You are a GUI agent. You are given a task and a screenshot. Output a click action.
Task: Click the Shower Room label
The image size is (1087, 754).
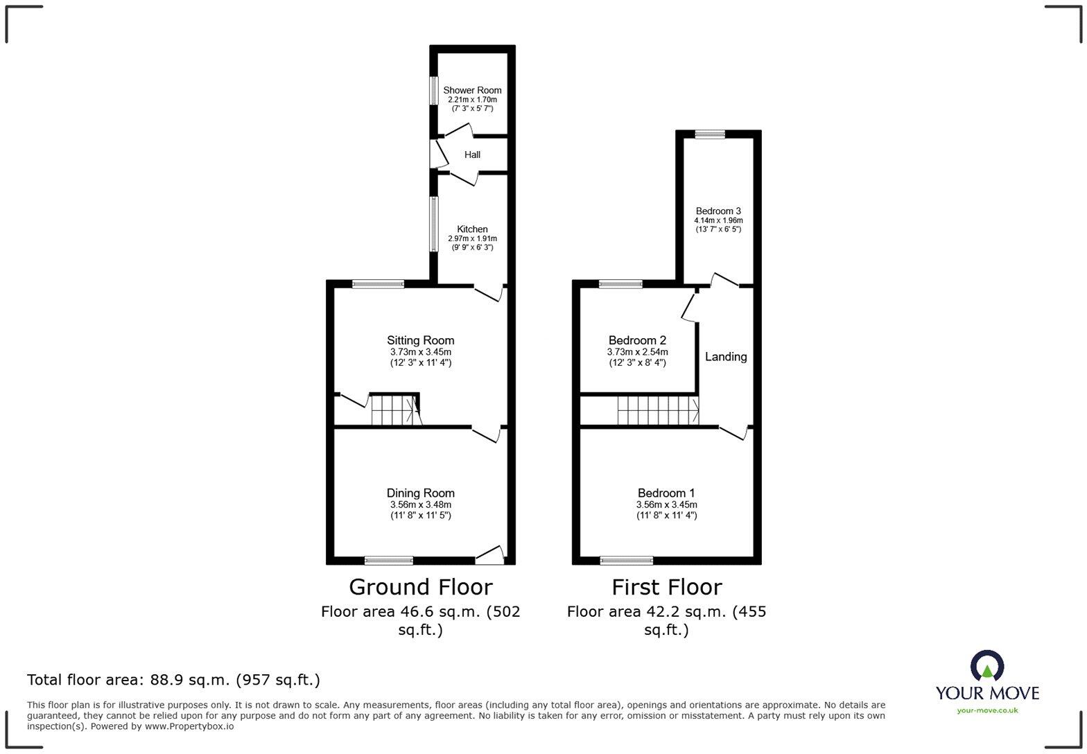point(472,90)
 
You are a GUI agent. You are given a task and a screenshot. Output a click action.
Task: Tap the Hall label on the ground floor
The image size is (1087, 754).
point(472,155)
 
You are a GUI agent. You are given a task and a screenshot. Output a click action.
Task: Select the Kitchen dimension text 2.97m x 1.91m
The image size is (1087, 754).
point(472,238)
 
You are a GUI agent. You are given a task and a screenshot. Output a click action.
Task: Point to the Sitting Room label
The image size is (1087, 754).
point(420,340)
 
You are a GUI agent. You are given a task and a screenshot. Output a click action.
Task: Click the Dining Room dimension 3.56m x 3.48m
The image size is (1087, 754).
point(420,505)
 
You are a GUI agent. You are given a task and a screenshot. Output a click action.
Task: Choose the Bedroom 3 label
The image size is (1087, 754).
point(718,211)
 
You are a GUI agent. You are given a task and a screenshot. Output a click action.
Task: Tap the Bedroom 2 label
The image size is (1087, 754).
point(637,340)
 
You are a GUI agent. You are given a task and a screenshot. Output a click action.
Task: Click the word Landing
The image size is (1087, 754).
point(726,357)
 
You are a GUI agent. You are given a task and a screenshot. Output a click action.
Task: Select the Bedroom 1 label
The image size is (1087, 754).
point(666,493)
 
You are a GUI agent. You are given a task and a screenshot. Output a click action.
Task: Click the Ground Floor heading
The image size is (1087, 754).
point(420,587)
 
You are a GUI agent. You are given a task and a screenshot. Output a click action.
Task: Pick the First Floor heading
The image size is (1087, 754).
point(666,587)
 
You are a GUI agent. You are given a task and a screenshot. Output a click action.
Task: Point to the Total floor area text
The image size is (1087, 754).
point(173,680)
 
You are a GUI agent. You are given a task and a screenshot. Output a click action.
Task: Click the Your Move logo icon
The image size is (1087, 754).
point(986,666)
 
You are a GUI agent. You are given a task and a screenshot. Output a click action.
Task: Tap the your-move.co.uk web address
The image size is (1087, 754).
point(987,710)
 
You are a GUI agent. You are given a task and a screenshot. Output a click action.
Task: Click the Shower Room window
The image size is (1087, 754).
point(434,90)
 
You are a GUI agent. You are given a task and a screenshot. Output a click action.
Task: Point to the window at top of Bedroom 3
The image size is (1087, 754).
point(710,134)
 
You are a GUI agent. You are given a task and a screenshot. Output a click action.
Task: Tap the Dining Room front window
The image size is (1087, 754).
point(389,561)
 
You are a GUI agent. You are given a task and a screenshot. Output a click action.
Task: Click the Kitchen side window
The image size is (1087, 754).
point(434,223)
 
